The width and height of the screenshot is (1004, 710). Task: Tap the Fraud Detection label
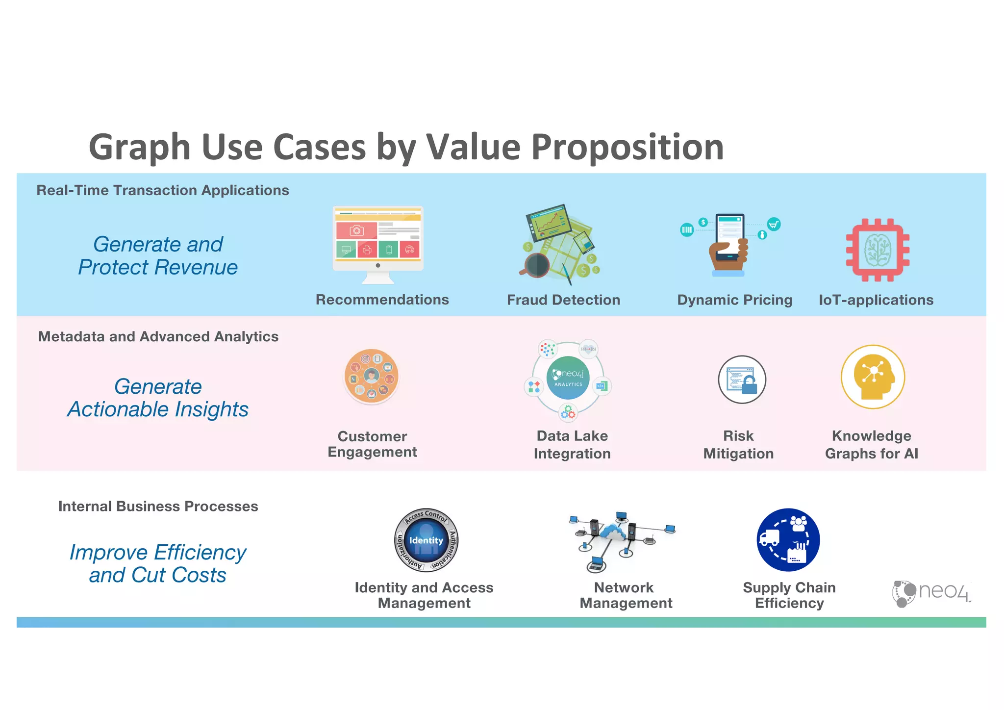pyautogui.click(x=563, y=300)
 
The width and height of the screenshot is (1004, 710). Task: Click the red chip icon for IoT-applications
pyautogui.click(x=877, y=250)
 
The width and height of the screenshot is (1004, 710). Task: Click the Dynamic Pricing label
pyautogui.click(x=734, y=300)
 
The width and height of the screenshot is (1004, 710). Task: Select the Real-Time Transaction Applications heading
pyautogui.click(x=163, y=190)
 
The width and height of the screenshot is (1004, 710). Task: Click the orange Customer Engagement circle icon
pyautogui.click(x=371, y=377)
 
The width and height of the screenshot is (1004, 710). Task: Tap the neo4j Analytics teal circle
pyautogui.click(x=568, y=378)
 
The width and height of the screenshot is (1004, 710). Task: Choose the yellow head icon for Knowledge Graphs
pyautogui.click(x=873, y=377)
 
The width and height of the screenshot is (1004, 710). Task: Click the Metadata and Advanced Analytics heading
pyautogui.click(x=158, y=336)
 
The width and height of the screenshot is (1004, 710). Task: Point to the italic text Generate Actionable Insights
pyautogui.click(x=158, y=398)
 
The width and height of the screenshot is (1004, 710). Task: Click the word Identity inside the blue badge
pyautogui.click(x=426, y=540)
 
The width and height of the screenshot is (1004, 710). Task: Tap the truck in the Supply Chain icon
pyautogui.click(x=769, y=538)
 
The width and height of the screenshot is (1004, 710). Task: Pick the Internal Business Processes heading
pyautogui.click(x=158, y=506)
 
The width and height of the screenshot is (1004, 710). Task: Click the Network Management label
pyautogui.click(x=625, y=595)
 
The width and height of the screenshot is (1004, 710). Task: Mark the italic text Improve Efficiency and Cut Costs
pyautogui.click(x=158, y=563)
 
